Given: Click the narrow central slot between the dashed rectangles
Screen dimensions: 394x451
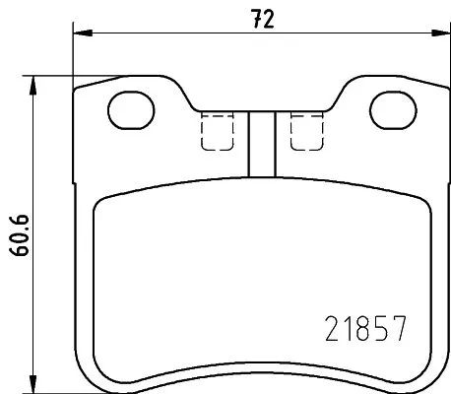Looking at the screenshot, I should (x=259, y=143).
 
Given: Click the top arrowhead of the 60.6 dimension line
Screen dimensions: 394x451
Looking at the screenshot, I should (x=36, y=82).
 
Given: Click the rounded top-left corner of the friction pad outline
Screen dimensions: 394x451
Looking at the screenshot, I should (x=101, y=200).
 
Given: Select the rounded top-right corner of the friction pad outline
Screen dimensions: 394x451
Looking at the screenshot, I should (x=421, y=200).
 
